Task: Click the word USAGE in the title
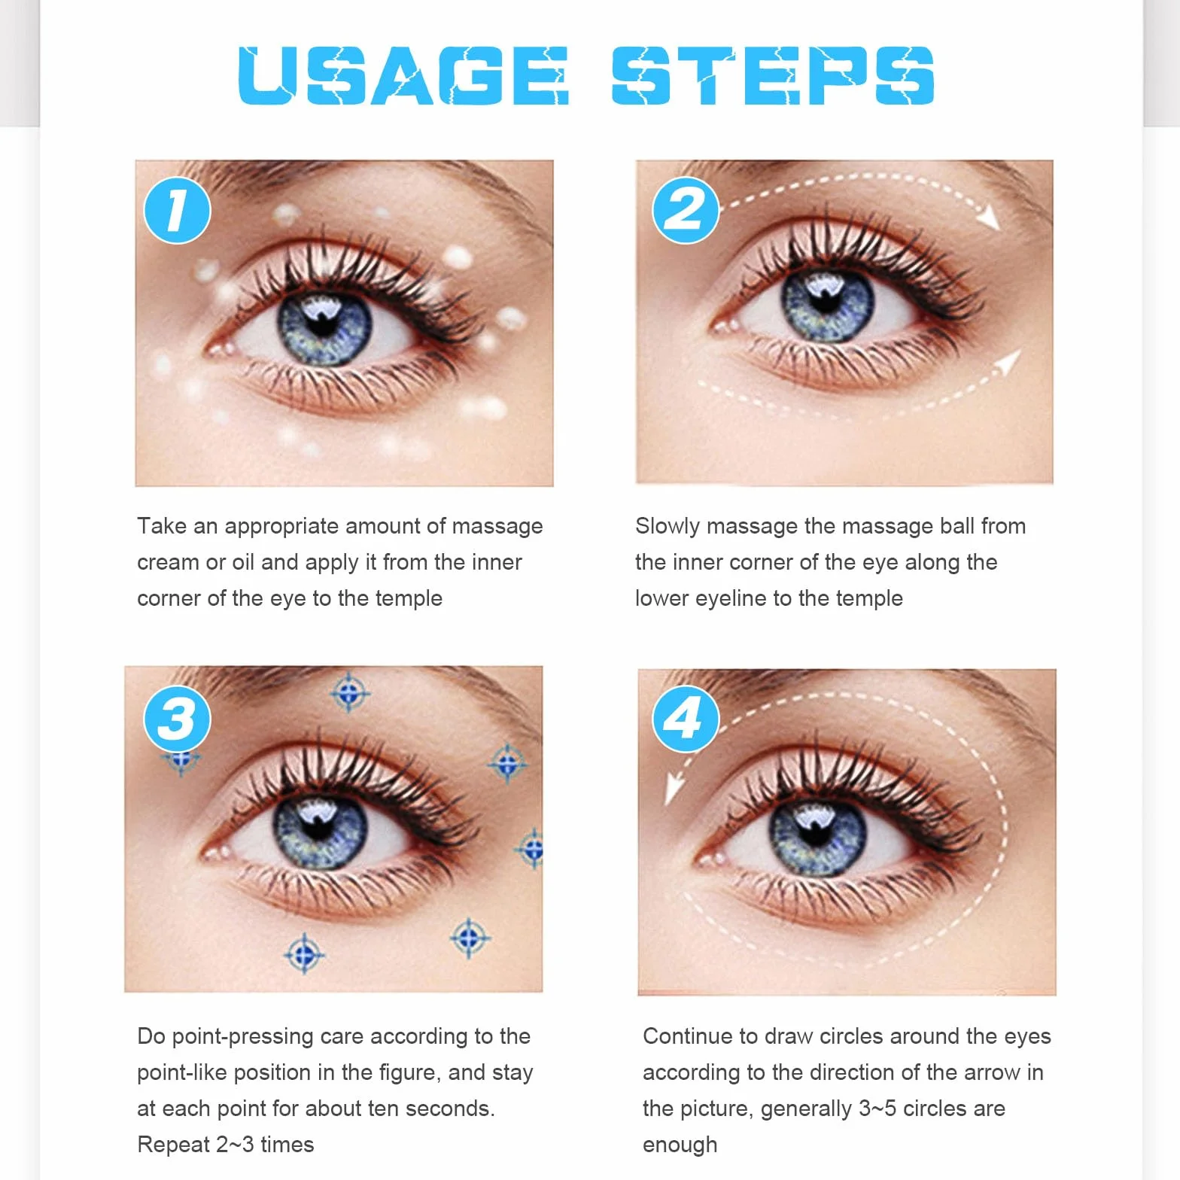pos(403,75)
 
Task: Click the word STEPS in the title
pos(773,75)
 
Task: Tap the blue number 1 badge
pos(178,210)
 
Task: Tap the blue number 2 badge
pos(686,210)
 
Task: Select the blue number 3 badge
pos(178,719)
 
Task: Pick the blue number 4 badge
pos(686,719)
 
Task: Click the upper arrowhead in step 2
pos(989,217)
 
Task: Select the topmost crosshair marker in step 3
pos(350,692)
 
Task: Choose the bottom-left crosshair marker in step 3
pos(304,954)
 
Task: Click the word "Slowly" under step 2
pos(668,527)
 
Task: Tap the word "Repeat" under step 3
pos(173,1145)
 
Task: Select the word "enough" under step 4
pos(680,1145)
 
